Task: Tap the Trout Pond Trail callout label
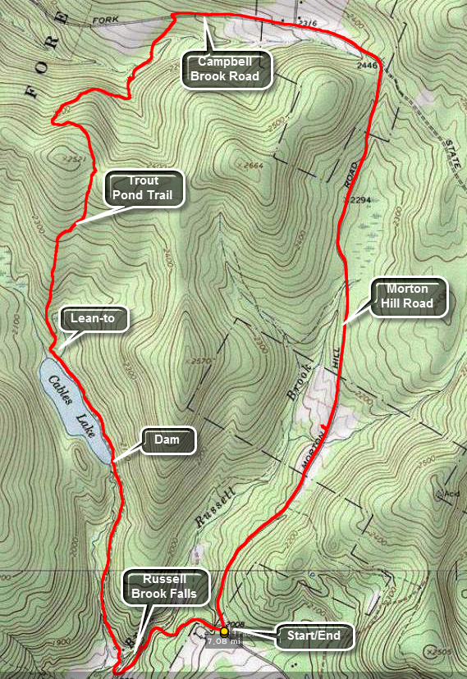pos(144,189)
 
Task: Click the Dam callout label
pos(169,440)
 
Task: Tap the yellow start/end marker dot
pos(224,631)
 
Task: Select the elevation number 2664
pos(254,166)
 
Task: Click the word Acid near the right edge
pos(451,494)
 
